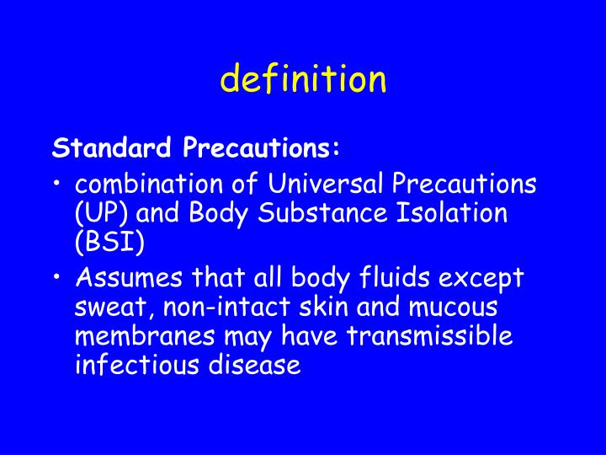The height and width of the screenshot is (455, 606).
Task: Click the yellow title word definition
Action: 303,79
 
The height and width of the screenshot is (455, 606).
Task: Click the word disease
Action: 255,367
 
